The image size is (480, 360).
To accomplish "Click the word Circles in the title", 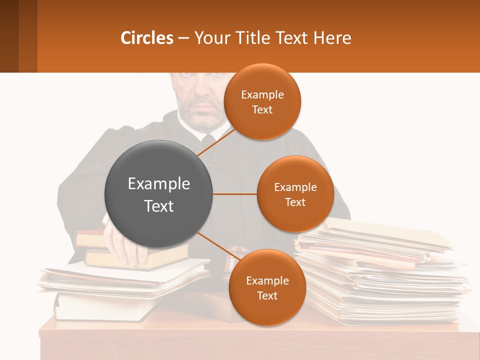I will click(146, 37).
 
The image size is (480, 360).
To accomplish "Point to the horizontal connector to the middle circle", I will click(234, 194).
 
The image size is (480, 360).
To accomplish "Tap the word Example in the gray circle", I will click(158, 183).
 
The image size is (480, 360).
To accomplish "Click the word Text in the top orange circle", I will click(262, 110).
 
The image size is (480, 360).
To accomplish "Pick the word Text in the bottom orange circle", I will click(267, 295).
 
